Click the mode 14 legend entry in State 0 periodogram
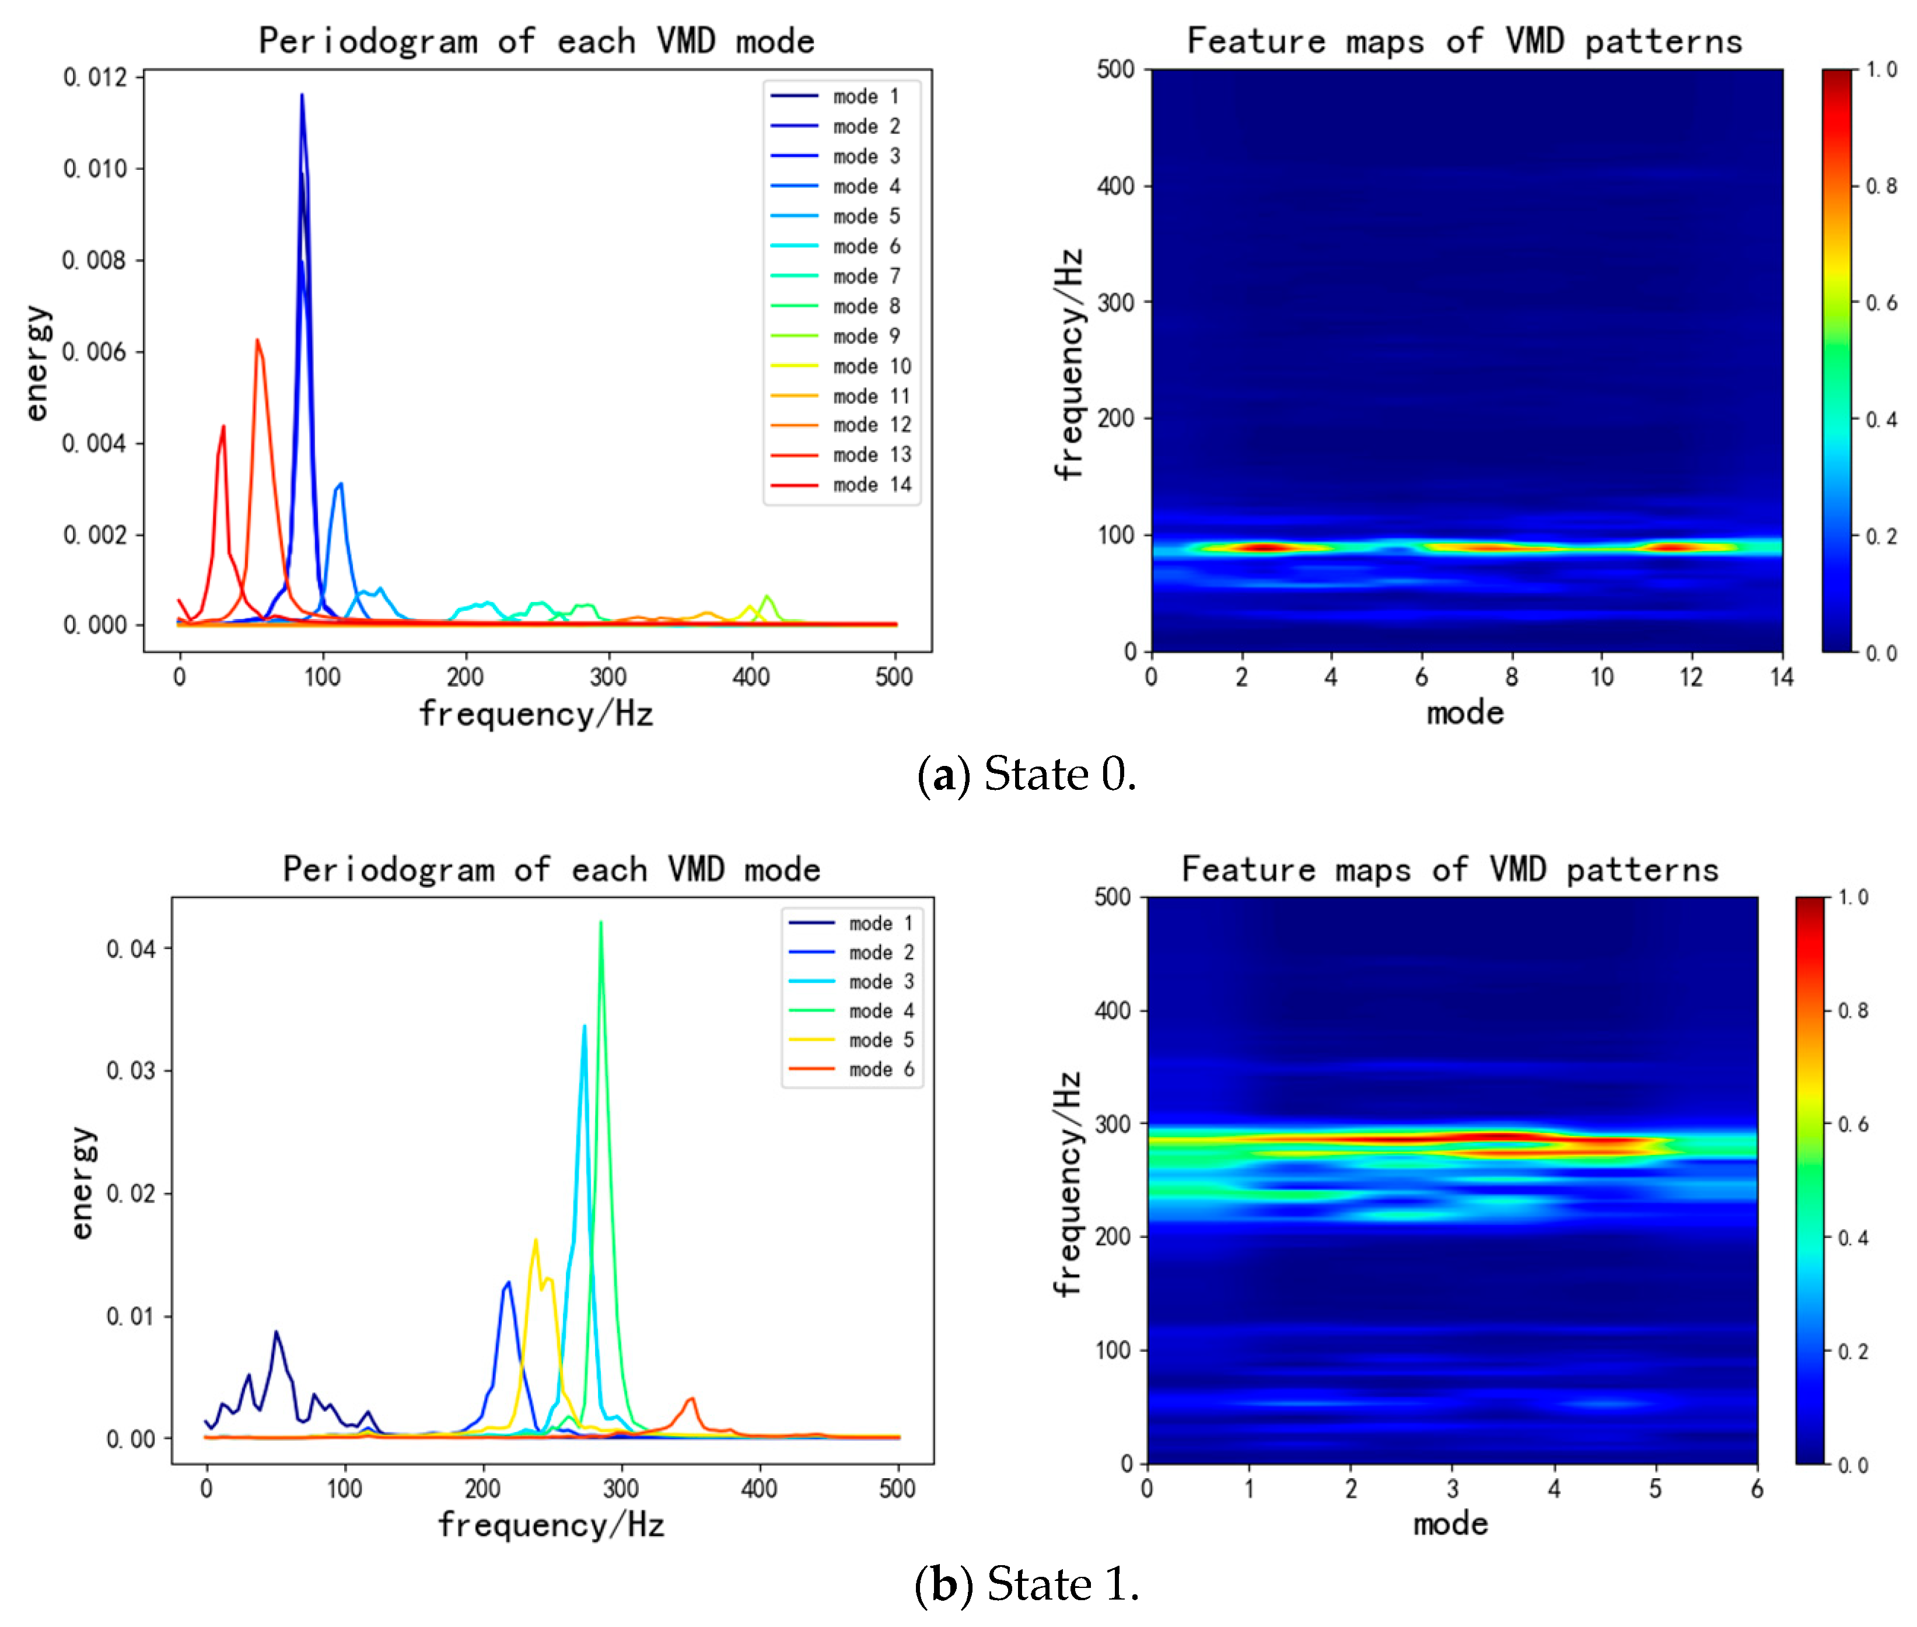(x=871, y=485)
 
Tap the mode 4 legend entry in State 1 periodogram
(x=880, y=1011)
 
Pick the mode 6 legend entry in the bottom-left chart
(x=880, y=1069)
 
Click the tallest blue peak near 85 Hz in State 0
(x=302, y=96)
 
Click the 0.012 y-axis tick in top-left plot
(x=95, y=78)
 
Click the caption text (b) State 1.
(x=1026, y=1584)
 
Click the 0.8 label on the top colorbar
(x=1881, y=186)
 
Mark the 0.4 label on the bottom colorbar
(x=1852, y=1238)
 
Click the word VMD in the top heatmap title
(x=1534, y=41)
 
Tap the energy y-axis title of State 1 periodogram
(x=83, y=1182)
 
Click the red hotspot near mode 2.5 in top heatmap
(x=1264, y=547)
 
